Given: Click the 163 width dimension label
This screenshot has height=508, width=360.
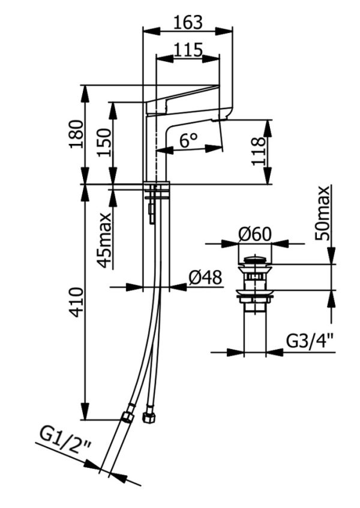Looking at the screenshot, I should pyautogui.click(x=187, y=22).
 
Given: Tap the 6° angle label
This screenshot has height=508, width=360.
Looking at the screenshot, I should pyautogui.click(x=188, y=141).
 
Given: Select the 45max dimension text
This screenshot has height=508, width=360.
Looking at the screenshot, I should pyautogui.click(x=104, y=240).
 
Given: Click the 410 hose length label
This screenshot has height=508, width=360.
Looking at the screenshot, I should pyautogui.click(x=76, y=303).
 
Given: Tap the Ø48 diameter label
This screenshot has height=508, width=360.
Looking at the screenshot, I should pyautogui.click(x=205, y=278).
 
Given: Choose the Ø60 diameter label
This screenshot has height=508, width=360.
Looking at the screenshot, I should pyautogui.click(x=254, y=235).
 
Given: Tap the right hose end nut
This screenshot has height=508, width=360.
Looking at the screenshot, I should pyautogui.click(x=147, y=415).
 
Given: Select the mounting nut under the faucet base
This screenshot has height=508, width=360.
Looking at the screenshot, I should pyautogui.click(x=157, y=194).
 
